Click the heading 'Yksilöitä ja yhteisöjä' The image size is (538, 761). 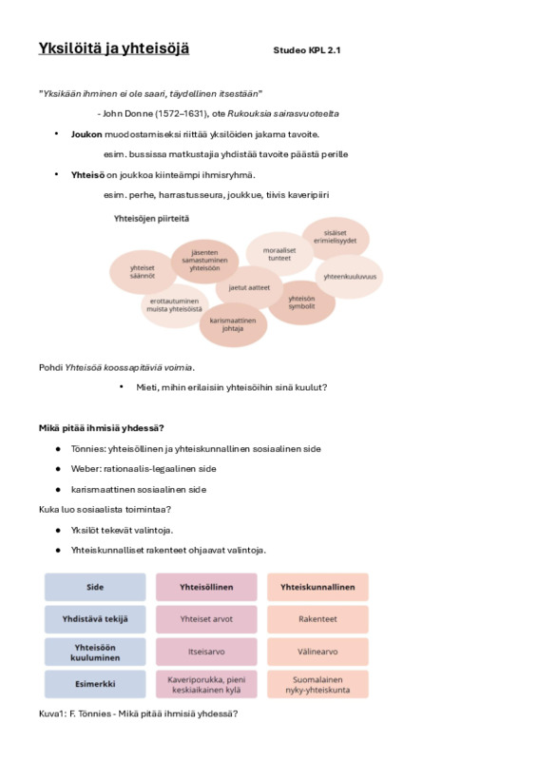tap(113, 49)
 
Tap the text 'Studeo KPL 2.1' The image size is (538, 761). tap(307, 50)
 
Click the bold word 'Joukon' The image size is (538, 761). tap(86, 134)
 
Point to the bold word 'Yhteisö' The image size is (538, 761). tap(87, 175)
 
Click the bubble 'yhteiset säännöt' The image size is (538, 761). tap(143, 272)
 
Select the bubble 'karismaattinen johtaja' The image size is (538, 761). tap(233, 324)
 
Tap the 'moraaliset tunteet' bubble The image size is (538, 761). tap(279, 254)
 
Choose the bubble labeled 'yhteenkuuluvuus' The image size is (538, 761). tap(349, 277)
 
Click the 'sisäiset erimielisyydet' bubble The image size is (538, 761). tap(336, 238)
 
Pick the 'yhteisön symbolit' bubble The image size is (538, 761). tap(301, 302)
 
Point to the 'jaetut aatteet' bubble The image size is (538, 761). tap(249, 287)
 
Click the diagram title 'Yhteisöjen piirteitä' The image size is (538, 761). tap(151, 219)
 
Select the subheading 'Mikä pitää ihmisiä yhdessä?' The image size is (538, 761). tap(102, 428)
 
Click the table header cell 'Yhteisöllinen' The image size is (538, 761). tap(206, 587)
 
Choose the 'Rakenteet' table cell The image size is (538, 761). tap(317, 619)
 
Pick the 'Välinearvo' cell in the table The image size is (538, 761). tap(317, 652)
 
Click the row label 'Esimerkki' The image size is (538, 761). tap(95, 684)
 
